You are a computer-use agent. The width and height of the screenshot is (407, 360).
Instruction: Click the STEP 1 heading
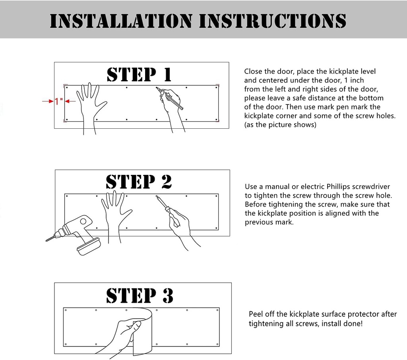(x=139, y=75)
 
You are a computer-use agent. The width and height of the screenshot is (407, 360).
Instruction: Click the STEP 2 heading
(x=139, y=182)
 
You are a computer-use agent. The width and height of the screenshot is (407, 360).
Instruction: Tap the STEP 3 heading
(x=139, y=296)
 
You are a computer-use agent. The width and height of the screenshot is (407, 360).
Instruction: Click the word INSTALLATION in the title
(x=120, y=21)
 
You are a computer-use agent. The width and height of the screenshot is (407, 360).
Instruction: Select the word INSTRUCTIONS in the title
(x=272, y=21)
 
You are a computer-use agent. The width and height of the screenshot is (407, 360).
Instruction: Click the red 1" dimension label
(x=59, y=102)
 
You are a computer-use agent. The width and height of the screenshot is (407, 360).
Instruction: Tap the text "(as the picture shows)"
(x=280, y=125)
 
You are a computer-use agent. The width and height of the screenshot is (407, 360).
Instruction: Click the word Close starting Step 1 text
(x=253, y=72)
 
